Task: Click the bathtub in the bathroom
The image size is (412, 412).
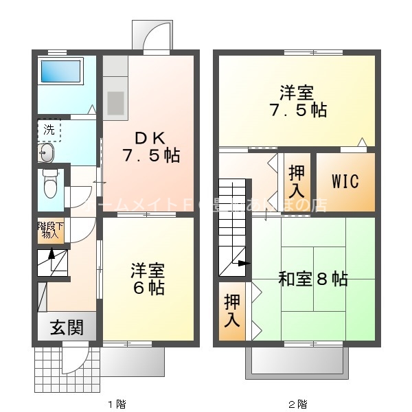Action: coord(60,71)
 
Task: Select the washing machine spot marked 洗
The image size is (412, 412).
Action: coord(49,130)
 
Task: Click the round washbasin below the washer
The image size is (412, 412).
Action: coord(47,154)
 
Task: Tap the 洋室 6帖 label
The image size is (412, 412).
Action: coord(148,277)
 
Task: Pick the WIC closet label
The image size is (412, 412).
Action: coord(345,181)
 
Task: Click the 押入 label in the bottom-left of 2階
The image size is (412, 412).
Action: coord(231,310)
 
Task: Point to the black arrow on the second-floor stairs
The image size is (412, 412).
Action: coord(242,263)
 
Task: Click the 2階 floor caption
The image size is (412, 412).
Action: coord(297,404)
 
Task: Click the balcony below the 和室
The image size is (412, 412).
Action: coord(297,360)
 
